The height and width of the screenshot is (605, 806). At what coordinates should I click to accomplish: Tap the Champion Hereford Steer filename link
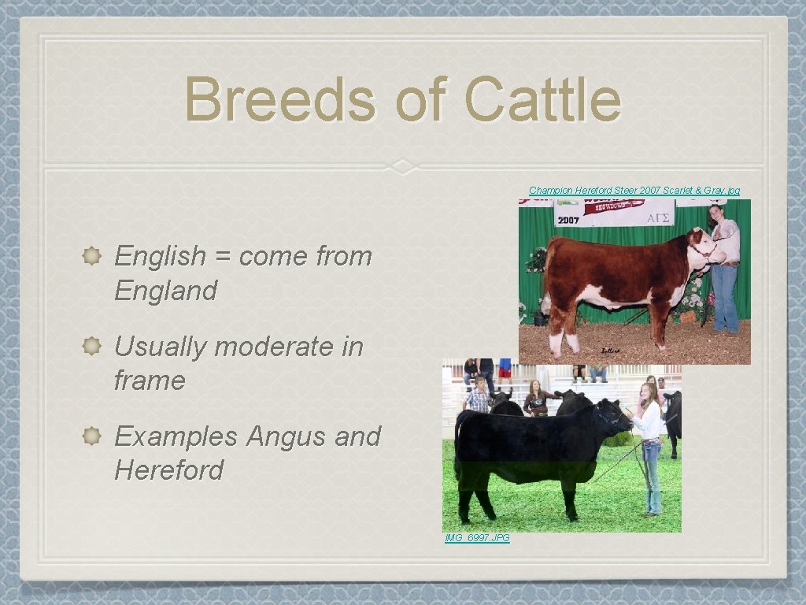(x=634, y=191)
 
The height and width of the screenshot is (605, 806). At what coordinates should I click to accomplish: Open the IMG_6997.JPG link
(x=477, y=538)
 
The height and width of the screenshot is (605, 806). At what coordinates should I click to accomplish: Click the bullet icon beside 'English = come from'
(x=91, y=255)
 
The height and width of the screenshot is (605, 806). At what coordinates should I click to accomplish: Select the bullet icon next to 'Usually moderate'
(x=91, y=346)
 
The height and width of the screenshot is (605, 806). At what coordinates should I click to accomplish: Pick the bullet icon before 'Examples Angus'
(x=91, y=436)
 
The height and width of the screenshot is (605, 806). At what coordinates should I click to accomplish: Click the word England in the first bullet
(x=165, y=291)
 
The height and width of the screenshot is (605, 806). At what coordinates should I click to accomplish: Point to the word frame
(x=150, y=380)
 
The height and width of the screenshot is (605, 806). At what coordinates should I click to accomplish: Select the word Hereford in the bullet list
(x=168, y=470)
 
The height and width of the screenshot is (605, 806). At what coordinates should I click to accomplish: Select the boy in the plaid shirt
(x=477, y=396)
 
